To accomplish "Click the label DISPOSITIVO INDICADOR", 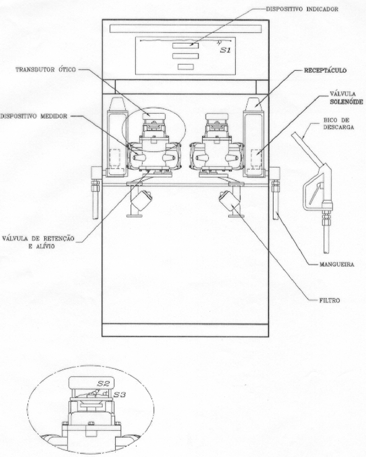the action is coord(302,9).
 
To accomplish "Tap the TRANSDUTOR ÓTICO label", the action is coord(46,70).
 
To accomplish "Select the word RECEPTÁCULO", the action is coord(325,70).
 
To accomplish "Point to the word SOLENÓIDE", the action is coord(346,102).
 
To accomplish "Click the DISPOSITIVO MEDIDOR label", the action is coord(34,116).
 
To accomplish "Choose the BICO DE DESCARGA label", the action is coord(339,124).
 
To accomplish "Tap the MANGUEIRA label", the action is coord(337,265).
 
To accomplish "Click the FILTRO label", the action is coord(329,300).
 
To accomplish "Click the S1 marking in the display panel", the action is coord(225,50).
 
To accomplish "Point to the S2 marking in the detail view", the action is coord(103,383).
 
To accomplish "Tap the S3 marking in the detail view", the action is coord(120,395).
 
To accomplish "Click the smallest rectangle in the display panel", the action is coord(186,67).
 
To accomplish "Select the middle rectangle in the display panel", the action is coord(186,56).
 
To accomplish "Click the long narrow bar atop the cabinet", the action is coord(186,29).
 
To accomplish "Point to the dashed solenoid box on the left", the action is coord(115,158).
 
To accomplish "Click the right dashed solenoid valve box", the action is coord(256,158).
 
